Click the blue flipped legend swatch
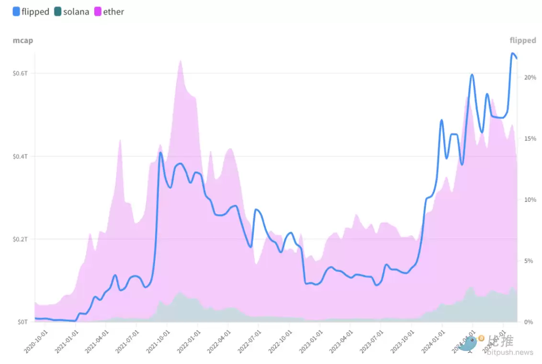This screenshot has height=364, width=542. [16, 11]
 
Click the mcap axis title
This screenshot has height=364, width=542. [23, 40]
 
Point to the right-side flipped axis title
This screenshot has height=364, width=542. [523, 40]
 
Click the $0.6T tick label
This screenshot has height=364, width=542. [21, 73]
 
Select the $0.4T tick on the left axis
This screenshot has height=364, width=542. [21, 156]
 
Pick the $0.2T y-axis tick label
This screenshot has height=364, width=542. [21, 239]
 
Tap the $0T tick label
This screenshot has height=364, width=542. [23, 322]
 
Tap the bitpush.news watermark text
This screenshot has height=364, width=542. [510, 353]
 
